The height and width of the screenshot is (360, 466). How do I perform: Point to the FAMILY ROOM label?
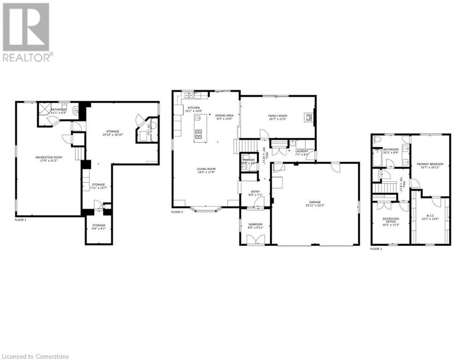point(278,115)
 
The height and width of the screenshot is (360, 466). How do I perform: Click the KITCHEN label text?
point(194,108)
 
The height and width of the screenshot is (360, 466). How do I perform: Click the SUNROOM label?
point(256,224)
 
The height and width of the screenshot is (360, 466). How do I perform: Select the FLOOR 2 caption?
point(177,212)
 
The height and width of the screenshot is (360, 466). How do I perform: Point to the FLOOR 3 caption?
point(376,249)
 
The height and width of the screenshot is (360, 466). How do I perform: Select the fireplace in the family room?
point(309,117)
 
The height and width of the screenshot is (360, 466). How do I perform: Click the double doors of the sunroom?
point(255,240)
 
